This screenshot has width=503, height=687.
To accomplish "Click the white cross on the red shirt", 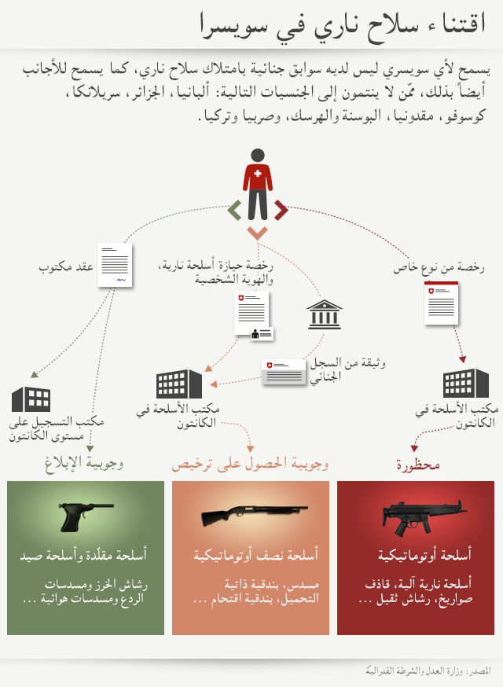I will (258, 172).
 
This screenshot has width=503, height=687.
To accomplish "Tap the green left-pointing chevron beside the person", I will (233, 210).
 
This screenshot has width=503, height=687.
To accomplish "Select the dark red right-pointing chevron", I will (281, 210).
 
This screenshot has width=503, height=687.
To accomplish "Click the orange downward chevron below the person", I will (257, 233).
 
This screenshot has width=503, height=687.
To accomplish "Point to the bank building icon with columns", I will (324, 314).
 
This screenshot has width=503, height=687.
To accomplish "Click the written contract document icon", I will (116, 265).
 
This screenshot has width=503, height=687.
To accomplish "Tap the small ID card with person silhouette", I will (262, 334).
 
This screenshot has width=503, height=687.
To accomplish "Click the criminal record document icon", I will (284, 372).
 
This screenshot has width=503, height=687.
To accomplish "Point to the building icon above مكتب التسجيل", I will (31, 399).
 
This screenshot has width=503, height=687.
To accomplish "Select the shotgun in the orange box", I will (248, 516).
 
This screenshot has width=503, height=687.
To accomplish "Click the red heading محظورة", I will (417, 465).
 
